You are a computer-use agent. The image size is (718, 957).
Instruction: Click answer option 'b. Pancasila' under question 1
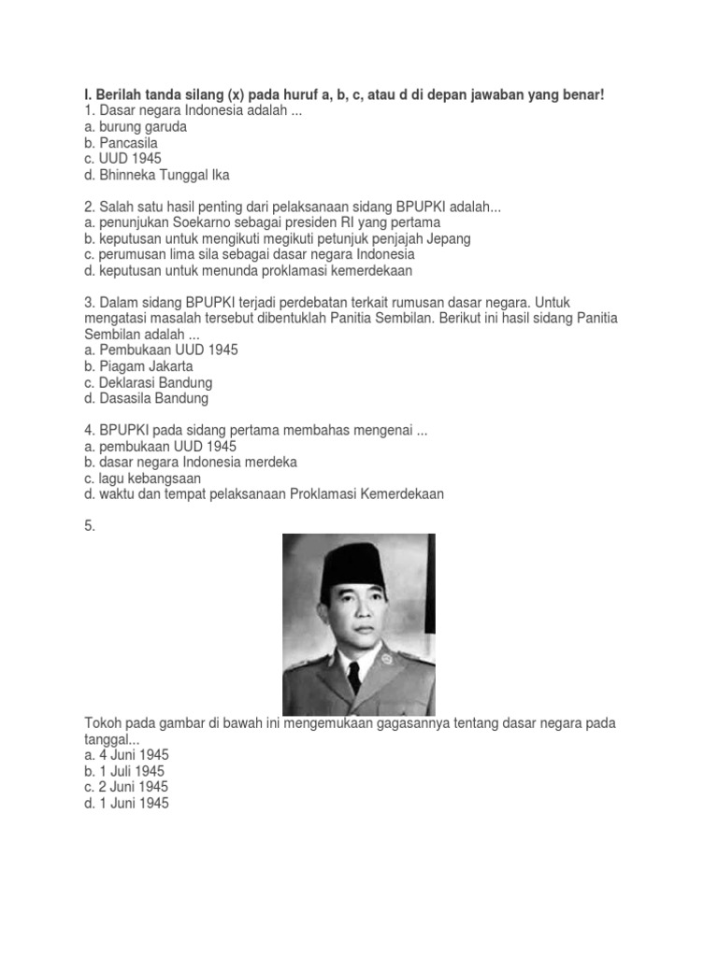(x=122, y=143)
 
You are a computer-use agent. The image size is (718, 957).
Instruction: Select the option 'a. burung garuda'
(x=136, y=127)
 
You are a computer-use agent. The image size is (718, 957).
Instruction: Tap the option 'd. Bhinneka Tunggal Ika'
(x=156, y=175)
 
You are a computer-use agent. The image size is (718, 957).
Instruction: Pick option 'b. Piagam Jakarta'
(x=138, y=366)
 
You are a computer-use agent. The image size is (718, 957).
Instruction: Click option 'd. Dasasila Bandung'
(x=146, y=398)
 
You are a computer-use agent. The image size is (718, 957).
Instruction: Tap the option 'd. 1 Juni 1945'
(x=126, y=803)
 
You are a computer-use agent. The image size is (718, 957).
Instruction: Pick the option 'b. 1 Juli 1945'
(x=124, y=771)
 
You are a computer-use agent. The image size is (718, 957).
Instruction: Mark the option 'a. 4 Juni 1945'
(x=126, y=755)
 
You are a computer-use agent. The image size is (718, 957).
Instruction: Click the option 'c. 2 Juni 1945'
(x=126, y=787)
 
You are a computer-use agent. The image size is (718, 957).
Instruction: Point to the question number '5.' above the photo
(x=90, y=526)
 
